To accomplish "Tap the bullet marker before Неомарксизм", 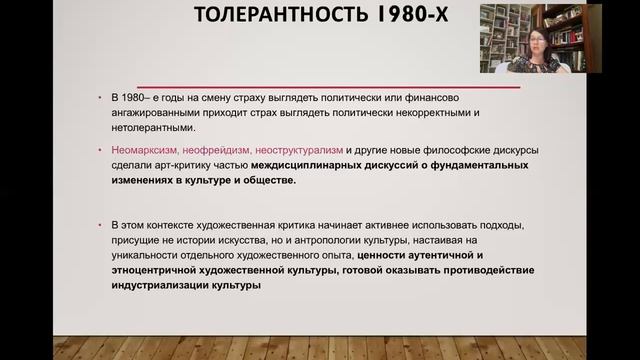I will [x=103, y=150].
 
